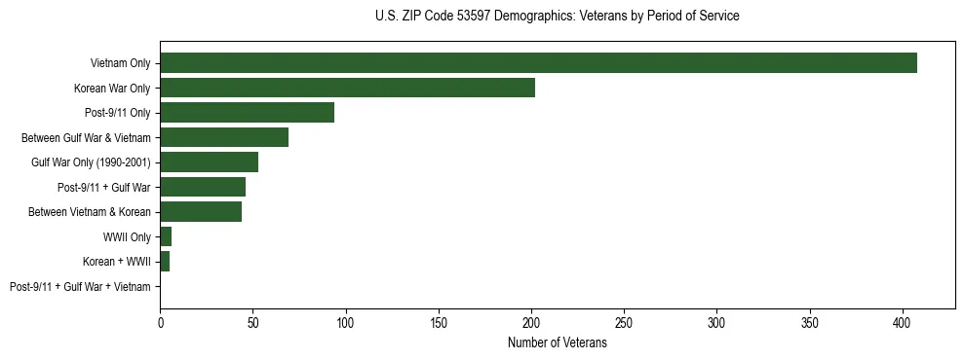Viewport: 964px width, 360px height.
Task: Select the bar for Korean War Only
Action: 347,88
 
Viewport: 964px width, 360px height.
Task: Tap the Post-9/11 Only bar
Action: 247,112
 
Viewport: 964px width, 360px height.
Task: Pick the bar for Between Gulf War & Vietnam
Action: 224,137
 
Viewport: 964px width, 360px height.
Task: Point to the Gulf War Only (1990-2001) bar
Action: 209,162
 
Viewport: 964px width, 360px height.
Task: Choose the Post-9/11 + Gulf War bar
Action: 203,187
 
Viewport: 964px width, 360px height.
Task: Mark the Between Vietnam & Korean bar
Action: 201,211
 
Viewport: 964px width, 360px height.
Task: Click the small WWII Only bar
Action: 166,236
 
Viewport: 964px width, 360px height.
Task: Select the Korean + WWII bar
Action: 165,261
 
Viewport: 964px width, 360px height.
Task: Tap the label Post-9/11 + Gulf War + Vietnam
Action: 80,286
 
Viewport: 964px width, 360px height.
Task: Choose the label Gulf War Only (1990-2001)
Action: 91,162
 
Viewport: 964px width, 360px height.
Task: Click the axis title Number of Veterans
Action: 557,343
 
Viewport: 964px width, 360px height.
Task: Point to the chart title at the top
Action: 557,17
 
